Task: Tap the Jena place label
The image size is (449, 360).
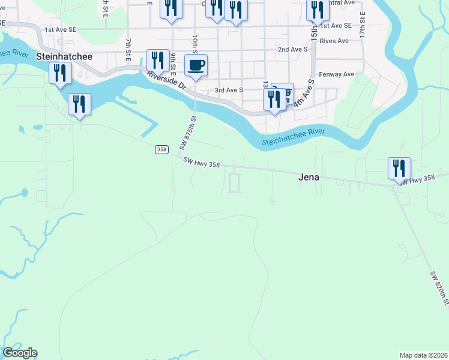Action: point(309,178)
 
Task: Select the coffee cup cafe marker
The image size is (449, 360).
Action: point(195,65)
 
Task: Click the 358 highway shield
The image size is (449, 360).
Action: point(161,149)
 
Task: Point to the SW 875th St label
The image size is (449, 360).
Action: point(188,133)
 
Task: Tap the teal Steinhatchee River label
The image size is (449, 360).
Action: point(294,137)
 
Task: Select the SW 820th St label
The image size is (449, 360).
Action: point(439,288)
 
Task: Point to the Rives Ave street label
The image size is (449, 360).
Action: point(334,41)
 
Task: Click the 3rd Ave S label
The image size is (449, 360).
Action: point(229,90)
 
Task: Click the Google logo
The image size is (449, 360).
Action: point(20,353)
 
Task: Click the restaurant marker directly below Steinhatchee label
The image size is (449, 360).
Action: point(60,74)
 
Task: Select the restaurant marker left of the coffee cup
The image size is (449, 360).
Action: point(158,61)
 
